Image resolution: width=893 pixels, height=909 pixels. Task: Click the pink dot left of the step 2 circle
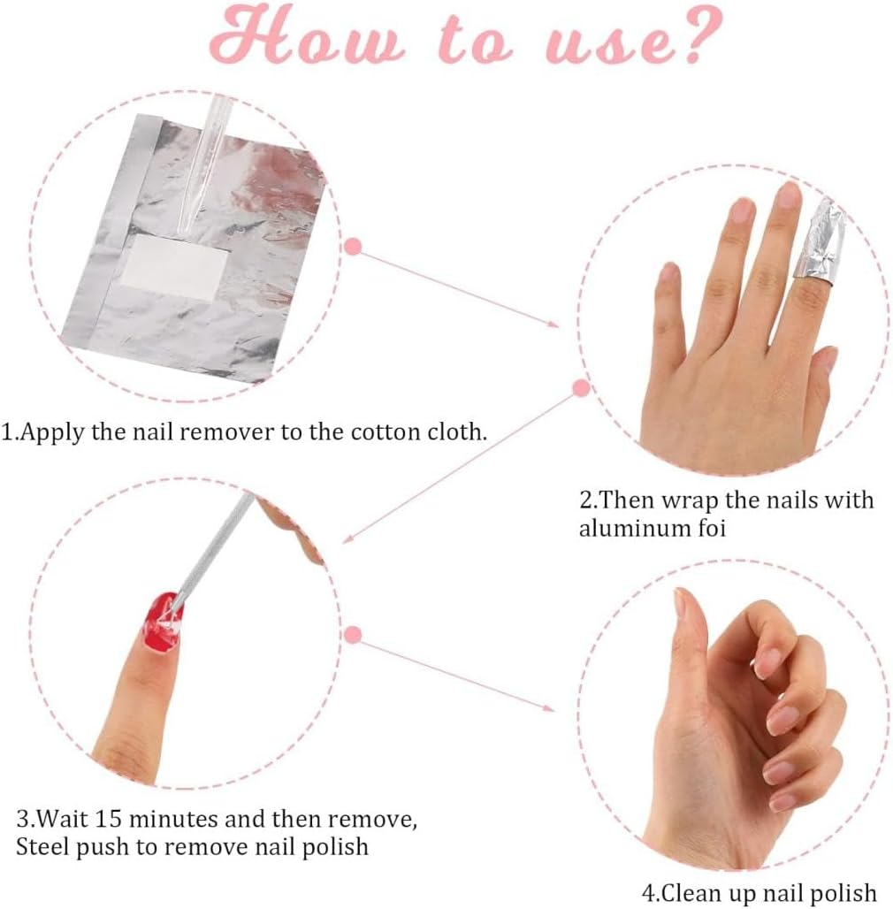click(581, 387)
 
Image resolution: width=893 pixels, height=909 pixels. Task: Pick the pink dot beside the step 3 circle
click(353, 634)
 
